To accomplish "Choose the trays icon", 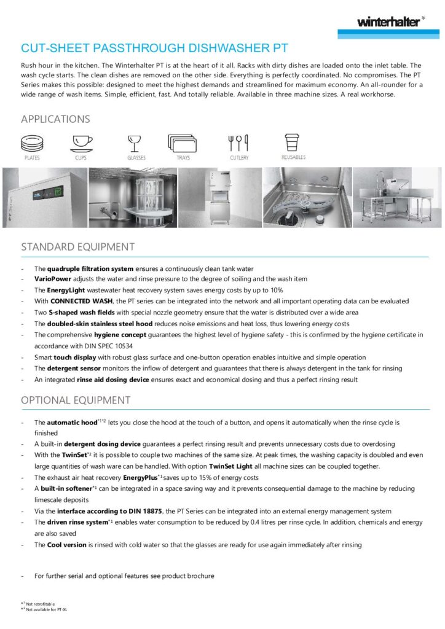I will click(x=183, y=143).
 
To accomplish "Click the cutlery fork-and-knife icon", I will click(x=239, y=143).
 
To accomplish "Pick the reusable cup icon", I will click(x=293, y=143).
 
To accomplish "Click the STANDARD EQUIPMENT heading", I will click(x=77, y=247).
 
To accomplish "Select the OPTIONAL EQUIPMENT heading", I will click(x=76, y=400).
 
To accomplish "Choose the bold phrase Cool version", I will click(x=66, y=544).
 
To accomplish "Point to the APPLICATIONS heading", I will click(x=55, y=119).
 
